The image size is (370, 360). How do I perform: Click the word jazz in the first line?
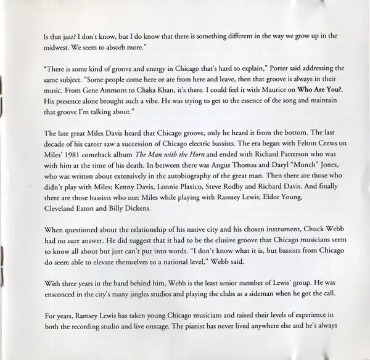(61, 36)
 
